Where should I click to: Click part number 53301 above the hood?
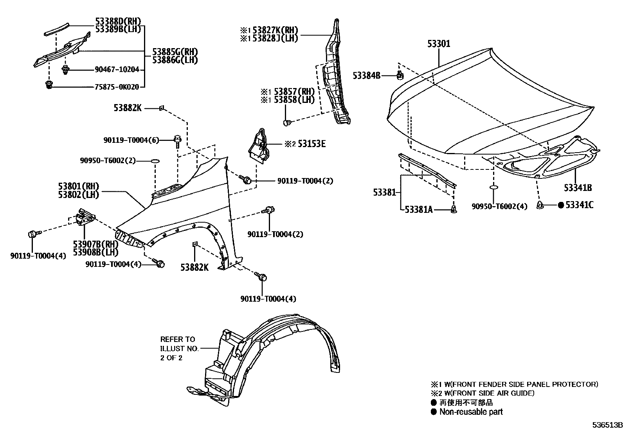coord(439,43)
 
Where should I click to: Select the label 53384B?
coord(366,76)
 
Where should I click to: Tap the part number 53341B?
coord(578,188)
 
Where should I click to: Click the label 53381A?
coord(418,210)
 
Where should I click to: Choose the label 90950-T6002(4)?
coord(499,206)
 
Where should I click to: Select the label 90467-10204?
coord(117,70)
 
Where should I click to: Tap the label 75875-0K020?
coord(117,87)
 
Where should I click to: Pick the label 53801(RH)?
coord(79,186)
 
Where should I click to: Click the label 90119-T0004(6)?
coord(131,140)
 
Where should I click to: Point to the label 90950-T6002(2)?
coord(108,160)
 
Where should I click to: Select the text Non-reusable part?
coord(471,412)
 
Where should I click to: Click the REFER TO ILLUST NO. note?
coord(179,348)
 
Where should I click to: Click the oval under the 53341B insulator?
coord(494,188)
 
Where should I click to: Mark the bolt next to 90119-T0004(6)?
coord(177,140)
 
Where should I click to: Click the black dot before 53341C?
coord(560,205)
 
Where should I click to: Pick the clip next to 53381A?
coord(454,210)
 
